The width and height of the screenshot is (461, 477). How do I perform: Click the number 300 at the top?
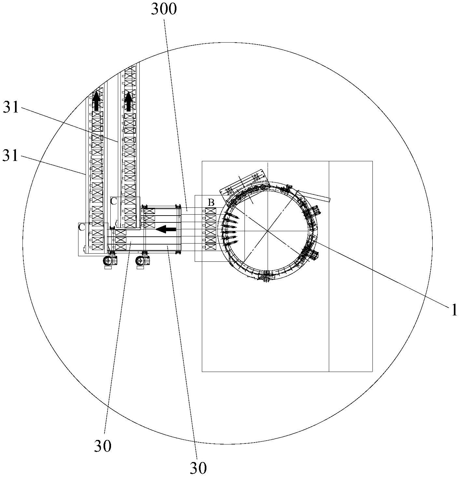(x=163, y=10)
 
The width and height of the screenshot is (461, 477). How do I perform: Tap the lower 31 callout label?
(x=10, y=156)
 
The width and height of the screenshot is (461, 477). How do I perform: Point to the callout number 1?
(x=454, y=310)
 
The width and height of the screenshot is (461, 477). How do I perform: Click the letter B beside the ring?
(x=211, y=203)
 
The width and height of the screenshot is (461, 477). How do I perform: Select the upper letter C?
(x=114, y=201)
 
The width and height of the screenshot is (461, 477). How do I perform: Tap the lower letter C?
(x=81, y=228)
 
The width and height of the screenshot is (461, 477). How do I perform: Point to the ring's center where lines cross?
(x=268, y=231)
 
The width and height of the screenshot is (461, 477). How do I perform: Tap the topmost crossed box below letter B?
(x=211, y=211)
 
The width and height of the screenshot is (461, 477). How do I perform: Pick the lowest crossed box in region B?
(x=211, y=246)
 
